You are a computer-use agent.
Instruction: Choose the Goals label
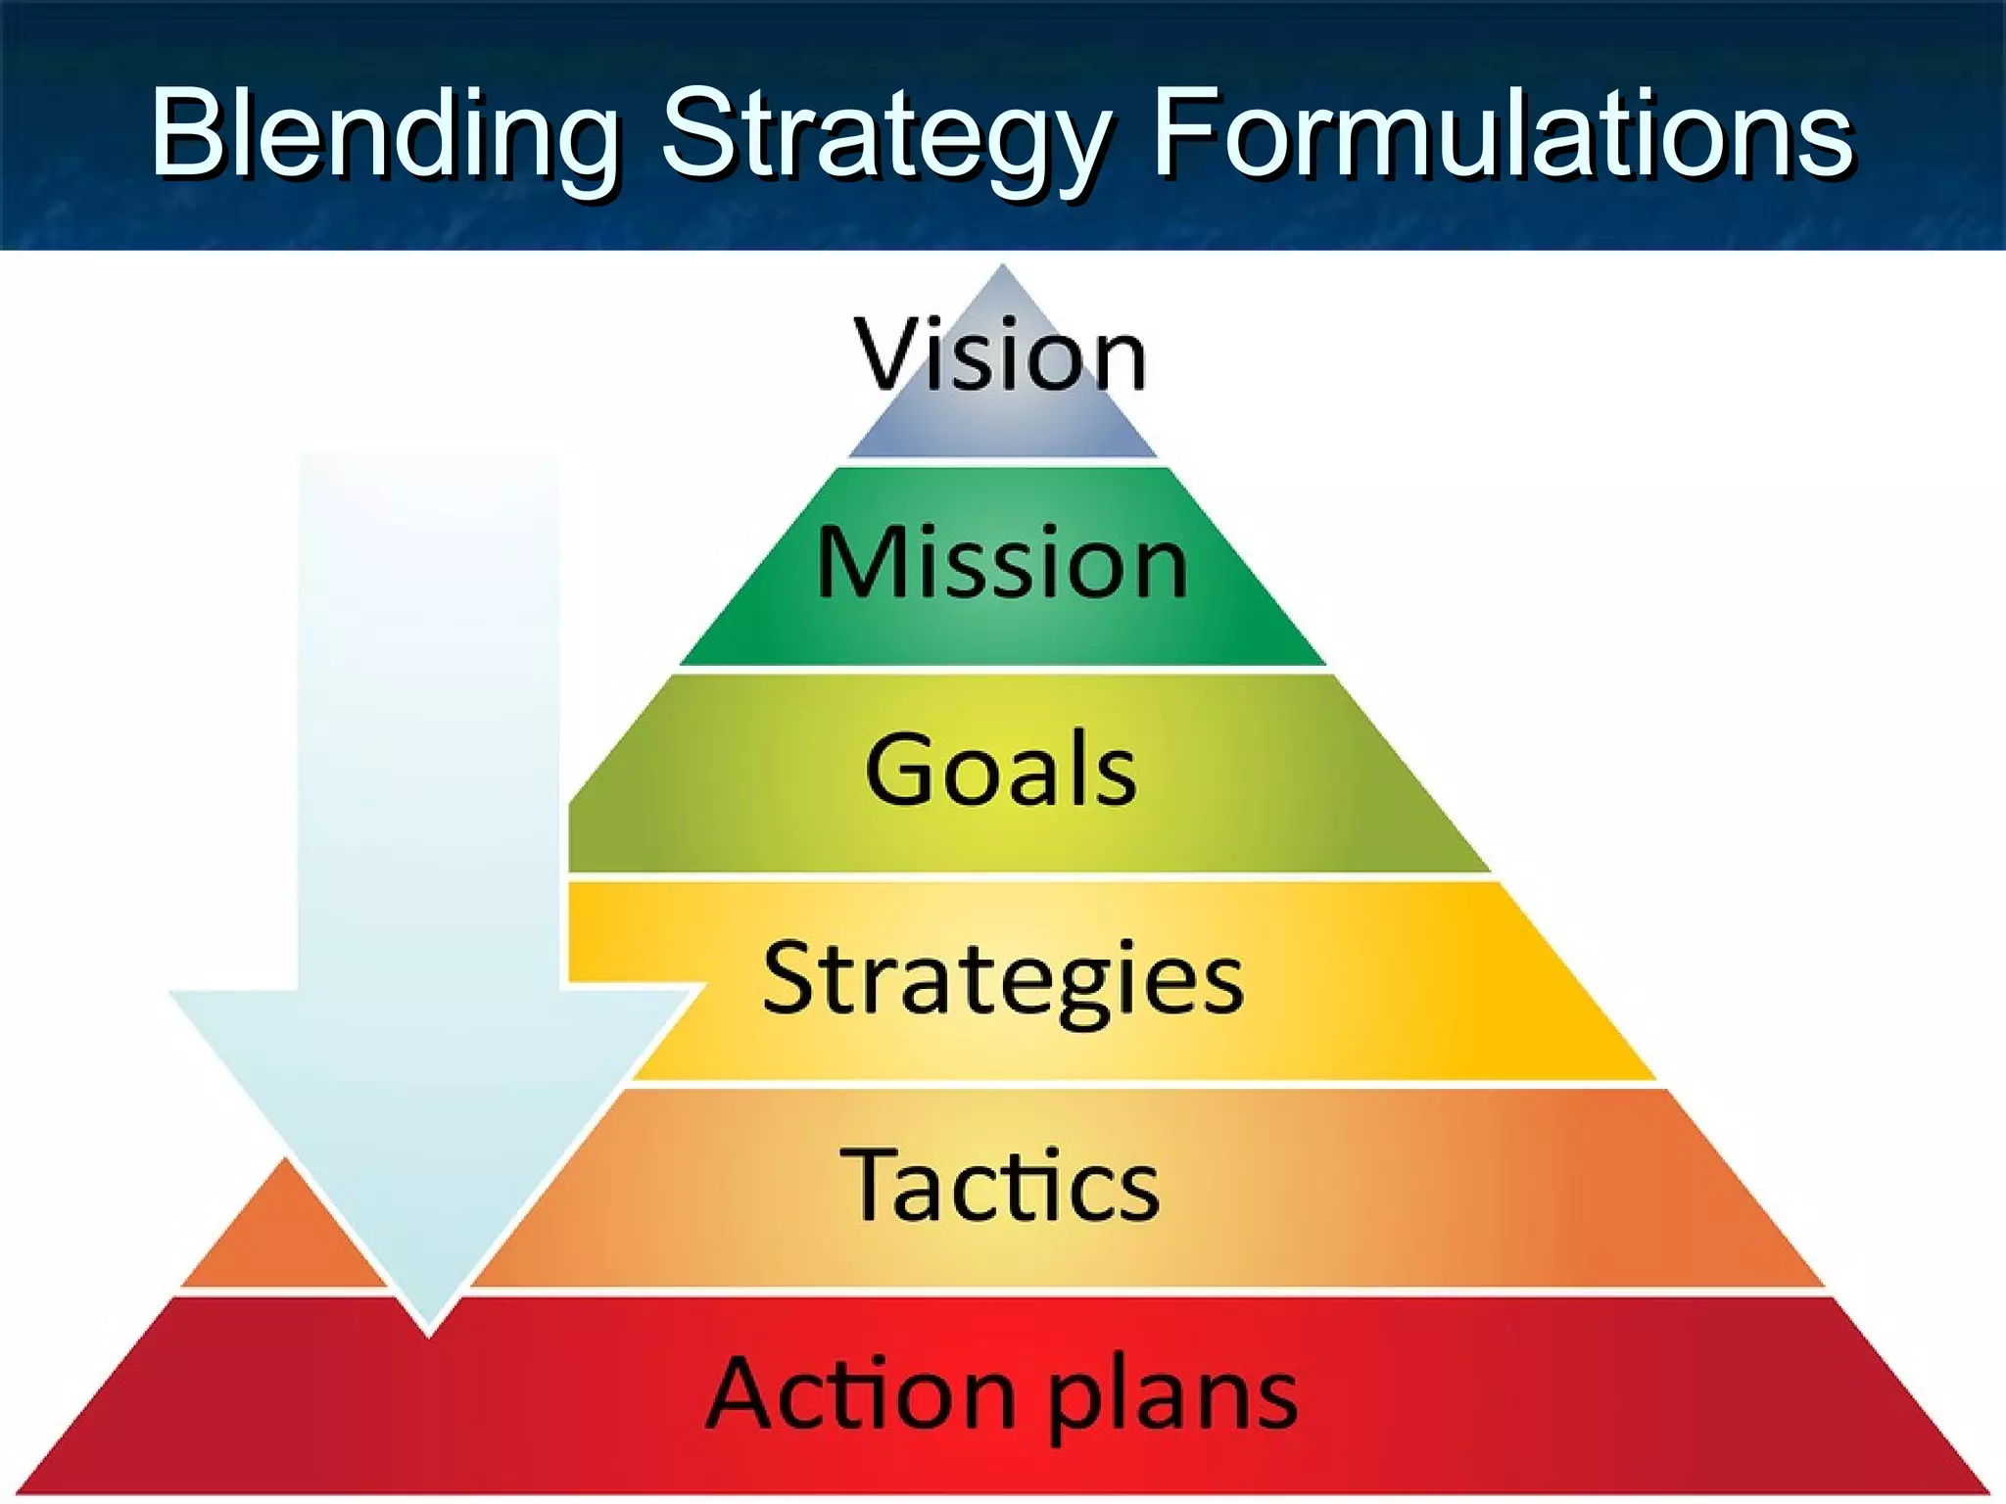pyautogui.click(x=1000, y=770)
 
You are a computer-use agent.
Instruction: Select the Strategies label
pyautogui.click(x=1003, y=978)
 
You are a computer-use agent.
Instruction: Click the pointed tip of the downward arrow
pyautogui.click(x=428, y=1332)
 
